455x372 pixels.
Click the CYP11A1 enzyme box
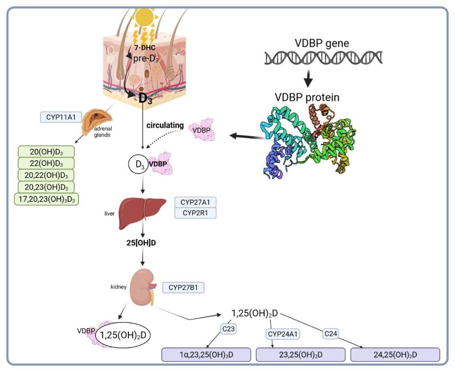click(x=61, y=117)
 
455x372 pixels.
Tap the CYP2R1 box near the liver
click(x=195, y=213)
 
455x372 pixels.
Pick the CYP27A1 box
click(x=195, y=202)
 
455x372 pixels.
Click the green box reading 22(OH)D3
click(x=46, y=163)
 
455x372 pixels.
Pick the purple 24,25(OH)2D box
click(x=395, y=355)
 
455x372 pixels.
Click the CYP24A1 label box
click(x=283, y=335)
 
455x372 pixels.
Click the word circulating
click(x=165, y=126)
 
